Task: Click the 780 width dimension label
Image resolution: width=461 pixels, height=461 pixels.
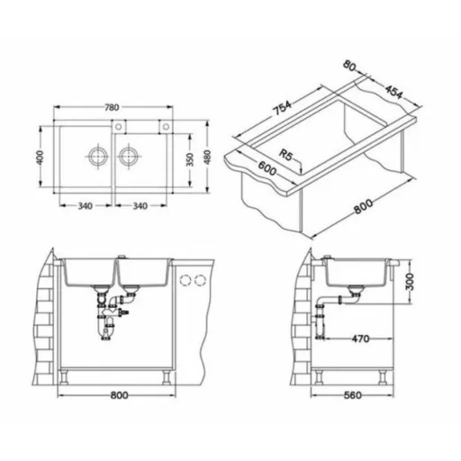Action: [x=112, y=107]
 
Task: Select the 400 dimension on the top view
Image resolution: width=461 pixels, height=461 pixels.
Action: [x=40, y=157]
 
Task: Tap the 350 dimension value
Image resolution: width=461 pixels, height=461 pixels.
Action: [x=190, y=159]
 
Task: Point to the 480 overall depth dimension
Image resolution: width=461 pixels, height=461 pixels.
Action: [x=207, y=157]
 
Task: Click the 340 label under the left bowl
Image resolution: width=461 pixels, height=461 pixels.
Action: [x=86, y=206]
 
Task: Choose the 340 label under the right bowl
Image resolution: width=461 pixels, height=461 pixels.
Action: [x=140, y=206]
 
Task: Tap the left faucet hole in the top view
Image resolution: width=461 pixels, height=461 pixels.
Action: [x=119, y=126]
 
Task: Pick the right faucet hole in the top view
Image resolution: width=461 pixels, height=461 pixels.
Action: [x=166, y=126]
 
